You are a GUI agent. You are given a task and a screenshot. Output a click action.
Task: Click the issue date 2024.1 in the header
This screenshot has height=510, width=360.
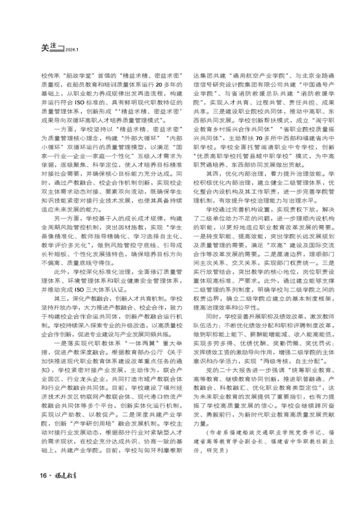coord(72,51)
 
